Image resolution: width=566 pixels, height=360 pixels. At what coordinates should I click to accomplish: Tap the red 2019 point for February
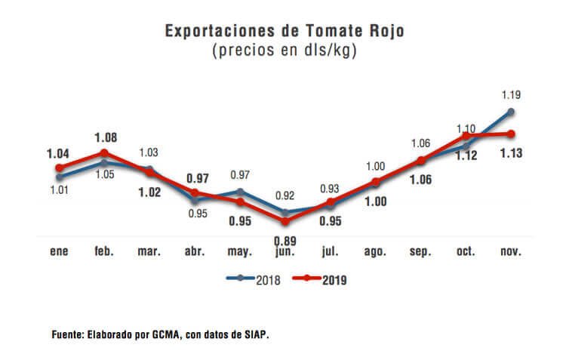click(104, 153)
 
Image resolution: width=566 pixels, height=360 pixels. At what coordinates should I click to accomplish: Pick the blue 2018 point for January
click(59, 177)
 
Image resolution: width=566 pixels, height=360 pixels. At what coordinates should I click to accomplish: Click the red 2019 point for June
click(285, 221)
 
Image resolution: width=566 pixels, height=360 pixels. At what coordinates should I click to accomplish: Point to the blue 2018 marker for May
click(240, 191)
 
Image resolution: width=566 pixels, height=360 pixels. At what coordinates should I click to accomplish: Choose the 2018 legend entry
click(254, 278)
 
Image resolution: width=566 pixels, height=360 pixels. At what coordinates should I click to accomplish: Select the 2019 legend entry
click(318, 278)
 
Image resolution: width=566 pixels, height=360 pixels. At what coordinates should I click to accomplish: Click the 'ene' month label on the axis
click(59, 251)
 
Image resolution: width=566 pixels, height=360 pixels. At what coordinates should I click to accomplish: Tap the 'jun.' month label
click(285, 251)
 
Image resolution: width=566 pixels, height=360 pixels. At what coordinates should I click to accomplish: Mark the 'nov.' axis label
click(511, 251)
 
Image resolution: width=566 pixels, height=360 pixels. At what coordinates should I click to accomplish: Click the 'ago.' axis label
click(375, 251)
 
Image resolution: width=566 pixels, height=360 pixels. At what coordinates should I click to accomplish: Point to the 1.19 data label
click(511, 95)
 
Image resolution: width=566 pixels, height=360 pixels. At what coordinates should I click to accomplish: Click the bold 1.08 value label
click(106, 138)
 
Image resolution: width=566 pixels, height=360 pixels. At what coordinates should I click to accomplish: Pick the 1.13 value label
click(511, 153)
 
